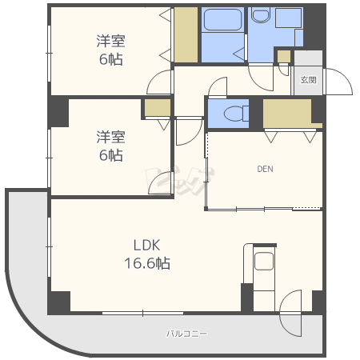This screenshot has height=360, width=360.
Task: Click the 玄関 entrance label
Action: pyautogui.click(x=309, y=80)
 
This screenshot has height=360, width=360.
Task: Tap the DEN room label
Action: pyautogui.click(x=265, y=169)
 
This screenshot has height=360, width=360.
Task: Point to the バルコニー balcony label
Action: pyautogui.click(x=186, y=333)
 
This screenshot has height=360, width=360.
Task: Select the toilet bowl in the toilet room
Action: pyautogui.click(x=232, y=113)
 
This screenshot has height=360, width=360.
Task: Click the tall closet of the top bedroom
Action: pyautogui.click(x=186, y=34)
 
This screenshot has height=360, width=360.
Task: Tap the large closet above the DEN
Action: pyautogui.click(x=288, y=113)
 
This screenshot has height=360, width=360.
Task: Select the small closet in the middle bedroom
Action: pyautogui.click(x=157, y=108)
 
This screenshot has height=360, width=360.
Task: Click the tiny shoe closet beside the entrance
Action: pyautogui.click(x=283, y=56)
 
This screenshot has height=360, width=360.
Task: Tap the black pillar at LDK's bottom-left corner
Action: pyautogui.click(x=58, y=302)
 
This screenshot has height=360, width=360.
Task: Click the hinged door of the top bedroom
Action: pyautogui.click(x=160, y=82)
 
